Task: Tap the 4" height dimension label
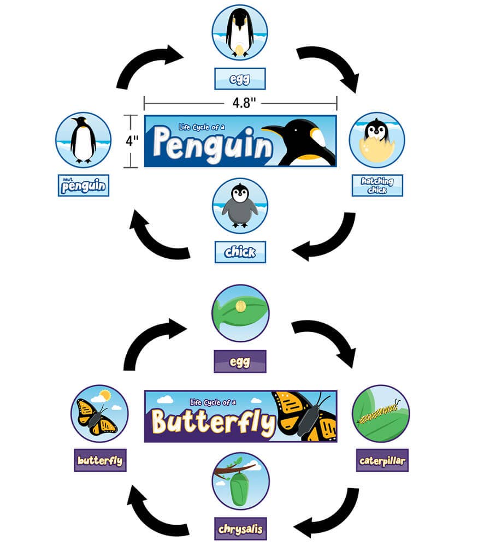131,141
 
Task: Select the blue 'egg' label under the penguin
240,79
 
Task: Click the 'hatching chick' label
377,185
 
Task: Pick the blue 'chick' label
240,252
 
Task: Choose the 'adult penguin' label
84,186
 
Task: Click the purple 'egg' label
240,361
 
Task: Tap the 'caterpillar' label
382,460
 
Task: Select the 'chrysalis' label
240,529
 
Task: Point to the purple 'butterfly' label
100,460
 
